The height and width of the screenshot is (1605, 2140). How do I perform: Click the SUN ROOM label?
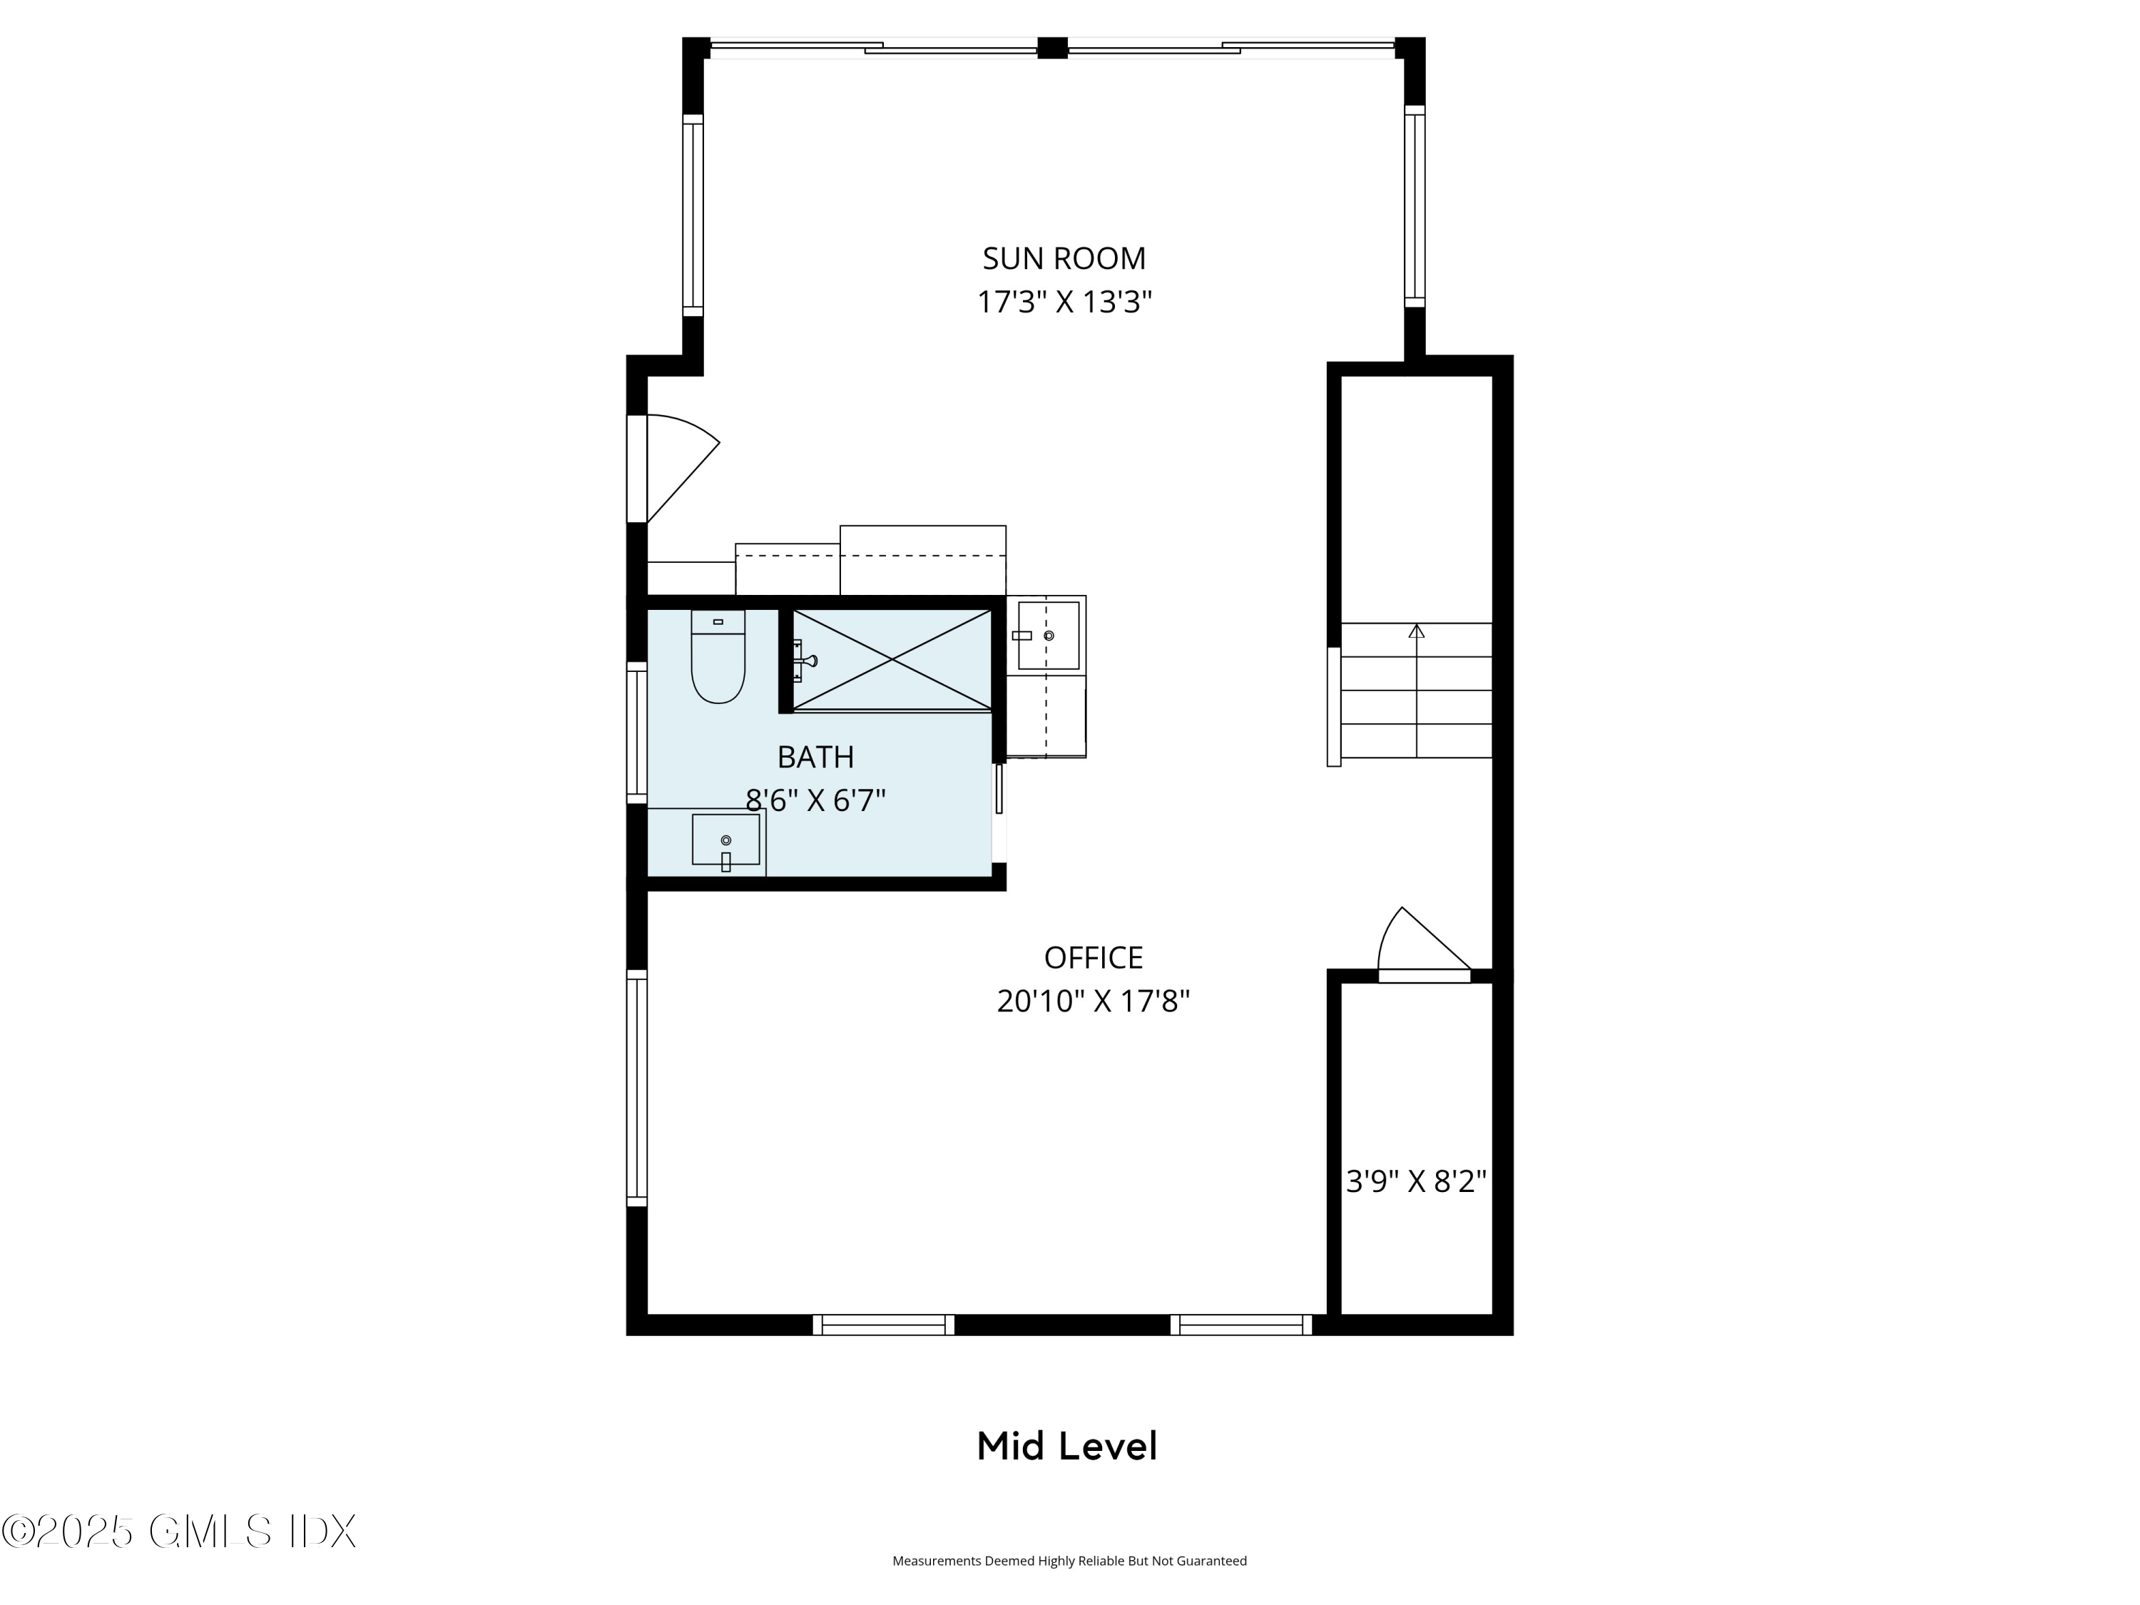point(1064,258)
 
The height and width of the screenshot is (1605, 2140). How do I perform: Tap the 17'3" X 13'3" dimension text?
point(1064,302)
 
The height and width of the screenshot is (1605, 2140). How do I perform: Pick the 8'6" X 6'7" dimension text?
point(815,800)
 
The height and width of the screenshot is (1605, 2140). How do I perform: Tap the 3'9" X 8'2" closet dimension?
point(1415,1181)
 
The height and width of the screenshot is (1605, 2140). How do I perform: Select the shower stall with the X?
point(892,661)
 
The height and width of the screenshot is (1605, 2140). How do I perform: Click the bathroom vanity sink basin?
point(725,840)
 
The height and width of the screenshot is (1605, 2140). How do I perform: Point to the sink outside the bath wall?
point(1048,636)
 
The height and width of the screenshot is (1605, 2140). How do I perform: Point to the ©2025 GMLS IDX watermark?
point(179,1532)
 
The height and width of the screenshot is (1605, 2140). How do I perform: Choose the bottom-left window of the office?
point(883,1325)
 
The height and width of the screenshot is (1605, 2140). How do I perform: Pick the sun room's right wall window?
point(1415,206)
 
